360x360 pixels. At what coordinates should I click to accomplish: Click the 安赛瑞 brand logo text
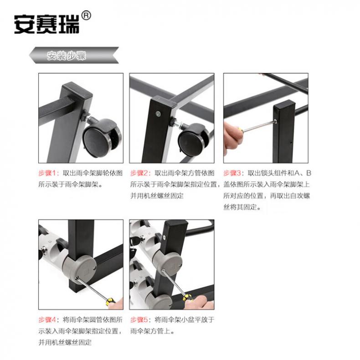pos(46,25)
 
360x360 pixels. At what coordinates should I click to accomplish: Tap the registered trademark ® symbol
pos(86,15)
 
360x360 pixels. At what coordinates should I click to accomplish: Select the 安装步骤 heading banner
pos(74,55)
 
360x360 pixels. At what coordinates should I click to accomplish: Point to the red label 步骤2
pos(139,173)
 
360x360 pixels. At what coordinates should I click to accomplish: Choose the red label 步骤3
pos(232,173)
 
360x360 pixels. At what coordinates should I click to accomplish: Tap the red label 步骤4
pos(47,319)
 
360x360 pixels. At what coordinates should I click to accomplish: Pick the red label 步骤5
pos(139,319)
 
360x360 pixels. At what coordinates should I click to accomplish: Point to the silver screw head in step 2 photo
pos(158,113)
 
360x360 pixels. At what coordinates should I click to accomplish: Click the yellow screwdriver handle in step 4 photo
pos(111,301)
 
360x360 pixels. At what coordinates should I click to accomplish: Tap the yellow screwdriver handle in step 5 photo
pos(188,298)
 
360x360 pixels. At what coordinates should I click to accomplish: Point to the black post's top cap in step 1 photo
pos(77,91)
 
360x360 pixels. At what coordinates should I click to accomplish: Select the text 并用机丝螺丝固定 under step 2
pos(157,195)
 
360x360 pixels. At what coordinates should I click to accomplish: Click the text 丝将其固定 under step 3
pos(242,207)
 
